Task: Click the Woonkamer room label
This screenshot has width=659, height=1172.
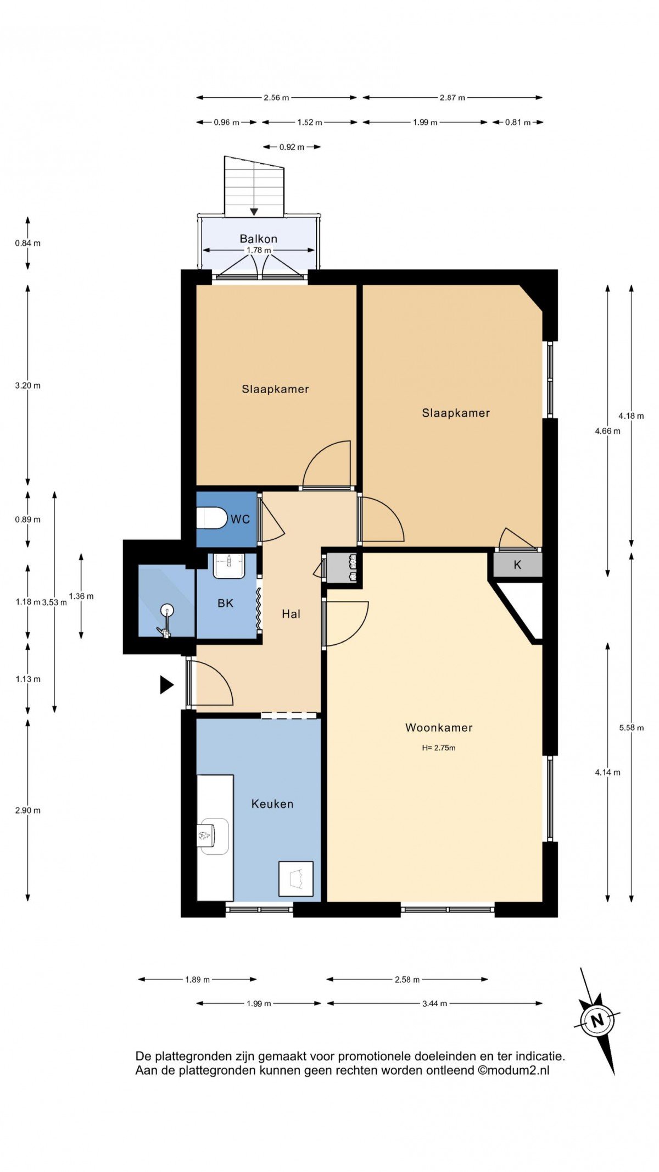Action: [439, 727]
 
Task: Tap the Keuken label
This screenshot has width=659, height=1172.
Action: [272, 804]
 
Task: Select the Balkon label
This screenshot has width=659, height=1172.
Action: [258, 239]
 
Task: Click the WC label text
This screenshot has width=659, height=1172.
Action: [240, 519]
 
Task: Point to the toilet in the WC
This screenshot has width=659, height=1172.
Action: [212, 518]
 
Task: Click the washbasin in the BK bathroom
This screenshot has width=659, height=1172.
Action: [229, 566]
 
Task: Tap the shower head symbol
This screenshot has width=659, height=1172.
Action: [167, 610]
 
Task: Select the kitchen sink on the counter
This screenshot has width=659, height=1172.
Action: [213, 836]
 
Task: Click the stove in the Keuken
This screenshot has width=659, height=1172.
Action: [296, 878]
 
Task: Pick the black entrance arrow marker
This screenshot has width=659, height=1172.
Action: [166, 685]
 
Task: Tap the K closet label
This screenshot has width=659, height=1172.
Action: [517, 565]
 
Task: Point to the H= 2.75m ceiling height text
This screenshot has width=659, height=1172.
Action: [439, 748]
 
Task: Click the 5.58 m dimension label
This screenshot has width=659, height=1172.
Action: [632, 727]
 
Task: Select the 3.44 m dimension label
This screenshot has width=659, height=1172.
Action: [434, 1003]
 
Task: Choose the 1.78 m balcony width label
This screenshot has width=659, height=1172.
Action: [259, 250]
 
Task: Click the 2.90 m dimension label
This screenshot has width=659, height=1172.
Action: [27, 810]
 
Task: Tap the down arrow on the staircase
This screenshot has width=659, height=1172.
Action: [254, 211]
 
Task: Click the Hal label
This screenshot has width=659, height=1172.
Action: [291, 614]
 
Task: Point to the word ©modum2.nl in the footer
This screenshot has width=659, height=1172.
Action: [513, 1070]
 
